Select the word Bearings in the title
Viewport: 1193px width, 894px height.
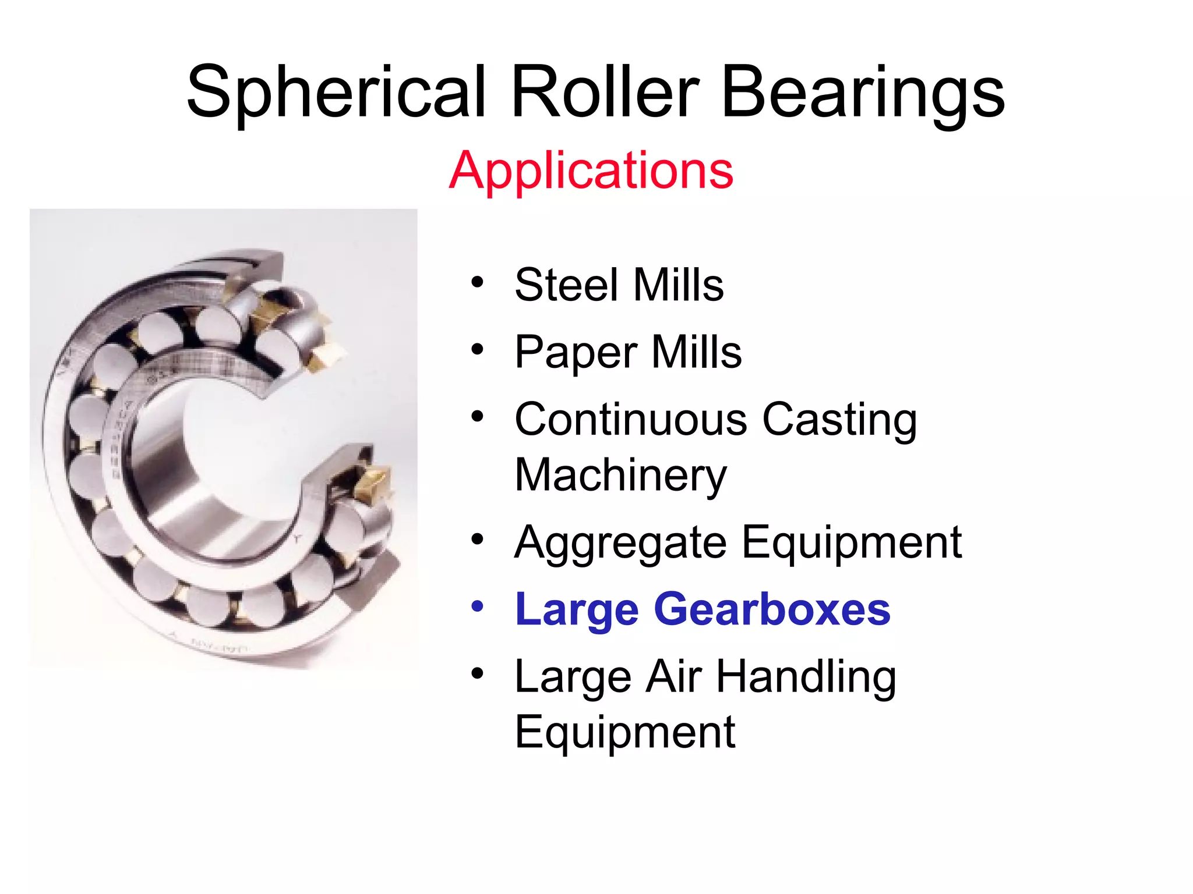863,93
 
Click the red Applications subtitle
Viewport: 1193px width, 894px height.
591,170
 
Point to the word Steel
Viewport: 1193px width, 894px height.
566,285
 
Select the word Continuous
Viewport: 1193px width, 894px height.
631,419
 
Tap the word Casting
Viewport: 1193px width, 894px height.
839,420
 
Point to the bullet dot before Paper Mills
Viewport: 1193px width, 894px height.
478,350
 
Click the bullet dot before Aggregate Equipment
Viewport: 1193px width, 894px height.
478,540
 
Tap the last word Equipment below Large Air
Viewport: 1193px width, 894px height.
625,733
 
